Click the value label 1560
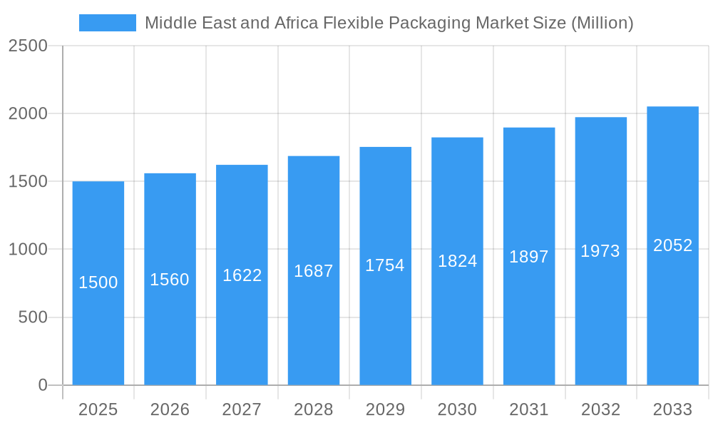tap(170, 280)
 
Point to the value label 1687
tap(314, 271)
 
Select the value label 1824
tap(457, 261)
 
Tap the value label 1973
tap(600, 251)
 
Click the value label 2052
tap(672, 245)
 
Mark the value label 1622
tap(242, 275)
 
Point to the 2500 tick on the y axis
tap(28, 46)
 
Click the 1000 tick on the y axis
tap(28, 250)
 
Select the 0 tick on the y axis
tap(42, 385)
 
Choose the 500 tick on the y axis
tap(33, 317)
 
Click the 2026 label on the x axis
tap(170, 409)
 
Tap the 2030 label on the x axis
tap(457, 409)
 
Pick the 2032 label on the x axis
tap(600, 409)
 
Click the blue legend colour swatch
tap(107, 23)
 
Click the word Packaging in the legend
tap(423, 23)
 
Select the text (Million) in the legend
tap(602, 23)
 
